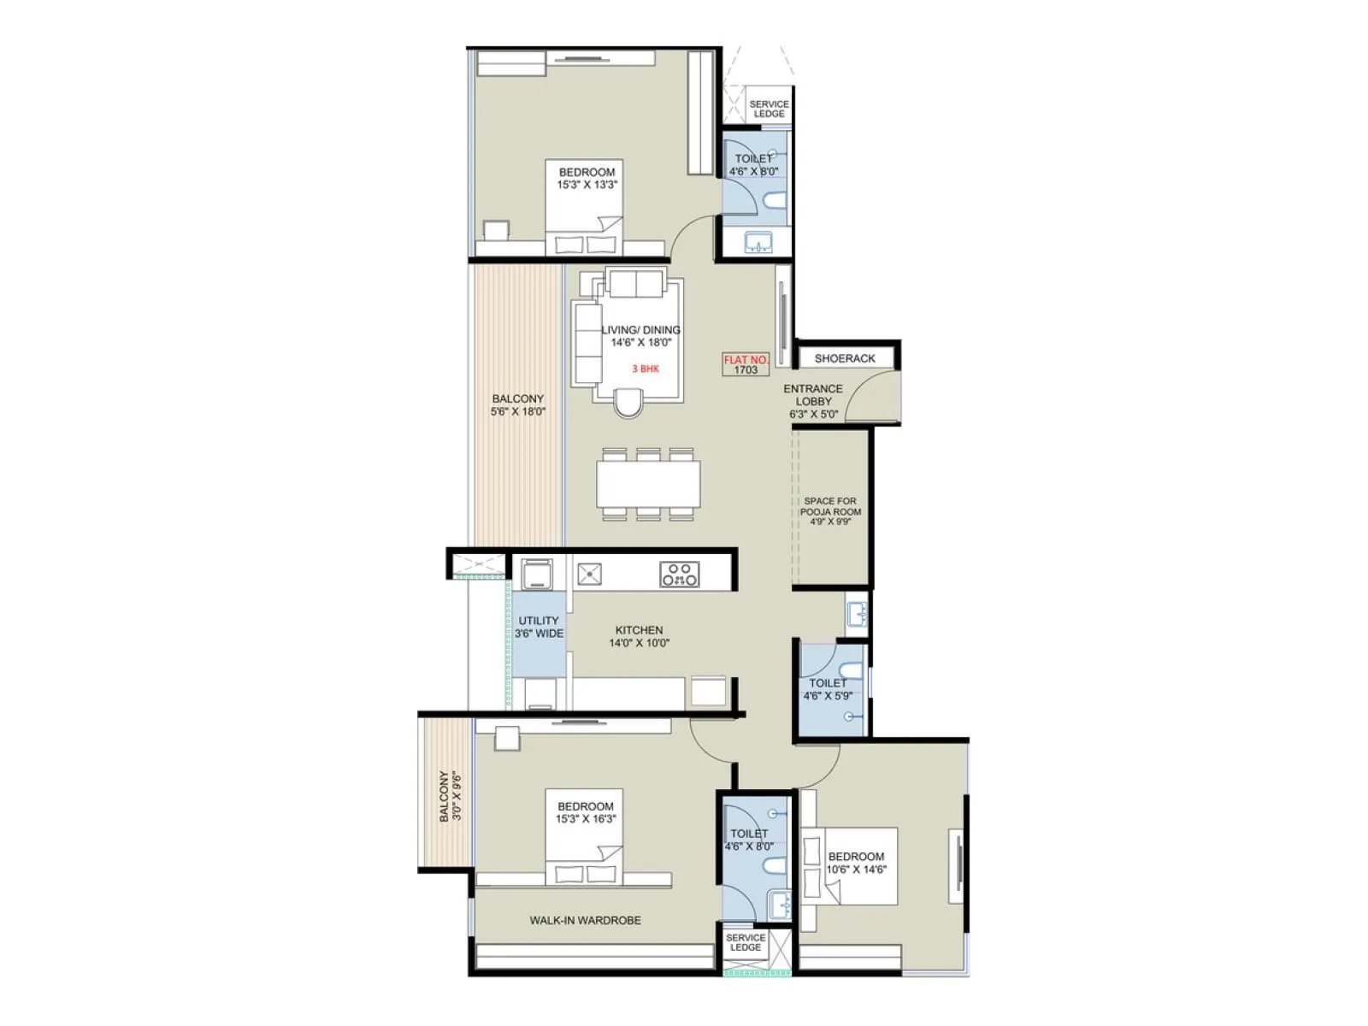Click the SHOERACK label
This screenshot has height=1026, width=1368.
845,358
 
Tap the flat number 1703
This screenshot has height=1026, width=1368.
746,371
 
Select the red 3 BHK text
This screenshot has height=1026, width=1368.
646,369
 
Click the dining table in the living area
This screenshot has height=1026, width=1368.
649,484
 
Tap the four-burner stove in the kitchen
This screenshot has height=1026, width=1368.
679,574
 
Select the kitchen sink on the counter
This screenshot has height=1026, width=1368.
589,574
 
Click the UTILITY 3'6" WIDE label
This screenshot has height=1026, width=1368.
539,627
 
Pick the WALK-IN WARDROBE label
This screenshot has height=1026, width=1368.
585,920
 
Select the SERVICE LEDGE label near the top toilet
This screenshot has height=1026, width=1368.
769,109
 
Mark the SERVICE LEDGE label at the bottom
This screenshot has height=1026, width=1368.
745,942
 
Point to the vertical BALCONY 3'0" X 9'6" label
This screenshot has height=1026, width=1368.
450,796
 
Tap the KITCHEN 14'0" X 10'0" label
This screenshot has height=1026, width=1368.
639,636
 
